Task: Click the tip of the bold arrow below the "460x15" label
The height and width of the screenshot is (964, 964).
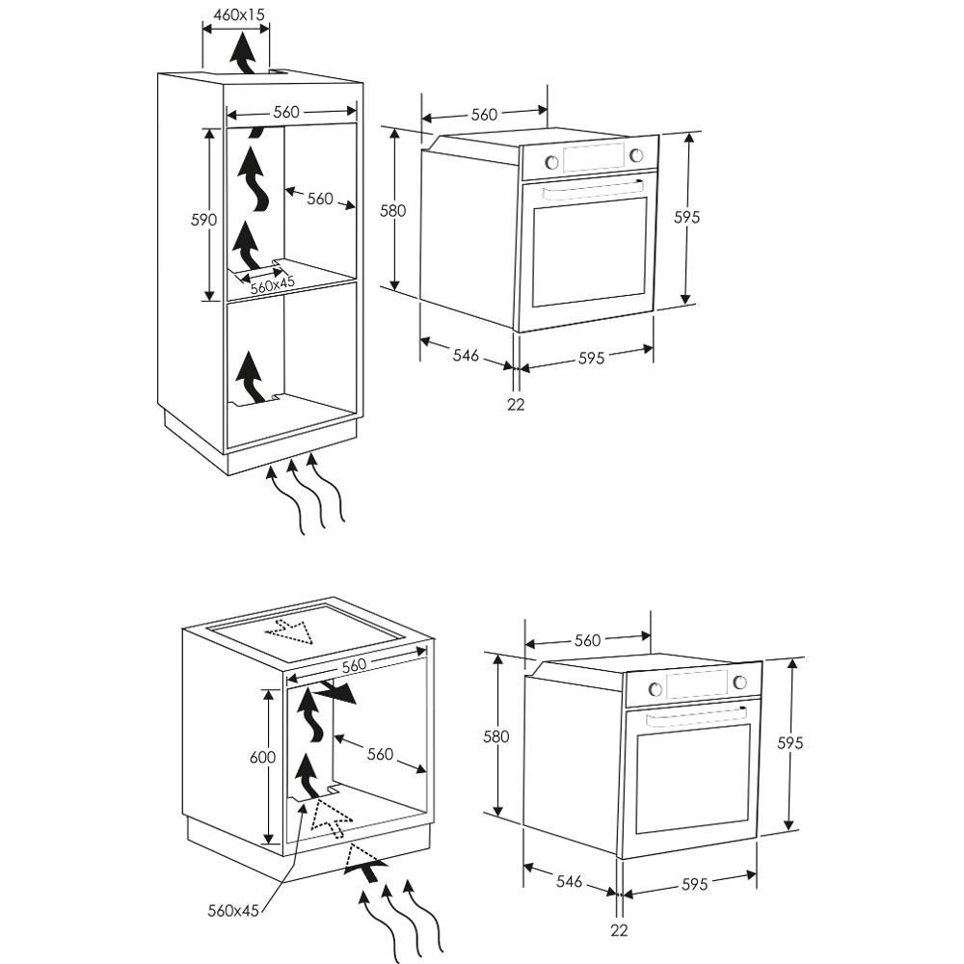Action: tap(244, 32)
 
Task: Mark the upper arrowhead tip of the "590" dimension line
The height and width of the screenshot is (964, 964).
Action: tap(211, 128)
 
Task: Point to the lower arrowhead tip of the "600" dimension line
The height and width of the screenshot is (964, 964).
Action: tap(268, 844)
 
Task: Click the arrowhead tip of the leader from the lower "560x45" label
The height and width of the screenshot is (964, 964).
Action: tap(303, 803)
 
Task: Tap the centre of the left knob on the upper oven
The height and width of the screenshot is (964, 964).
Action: tap(552, 162)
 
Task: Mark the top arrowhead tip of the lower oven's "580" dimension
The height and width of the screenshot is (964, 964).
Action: tap(498, 655)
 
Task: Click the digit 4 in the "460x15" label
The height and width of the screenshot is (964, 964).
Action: tap(218, 14)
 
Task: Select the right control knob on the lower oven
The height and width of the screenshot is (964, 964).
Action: tap(740, 683)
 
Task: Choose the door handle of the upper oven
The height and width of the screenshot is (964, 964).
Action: tap(593, 188)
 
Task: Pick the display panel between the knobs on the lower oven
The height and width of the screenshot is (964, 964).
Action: tap(697, 684)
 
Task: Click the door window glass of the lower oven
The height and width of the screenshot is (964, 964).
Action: tap(693, 778)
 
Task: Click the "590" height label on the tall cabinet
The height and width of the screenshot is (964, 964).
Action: tap(203, 220)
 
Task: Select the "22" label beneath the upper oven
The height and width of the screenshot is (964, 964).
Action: tap(516, 404)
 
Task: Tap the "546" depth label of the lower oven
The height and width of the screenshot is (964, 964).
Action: tap(569, 881)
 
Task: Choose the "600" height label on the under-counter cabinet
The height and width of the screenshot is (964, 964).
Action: tap(262, 757)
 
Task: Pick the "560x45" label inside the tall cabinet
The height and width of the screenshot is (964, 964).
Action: tap(273, 285)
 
